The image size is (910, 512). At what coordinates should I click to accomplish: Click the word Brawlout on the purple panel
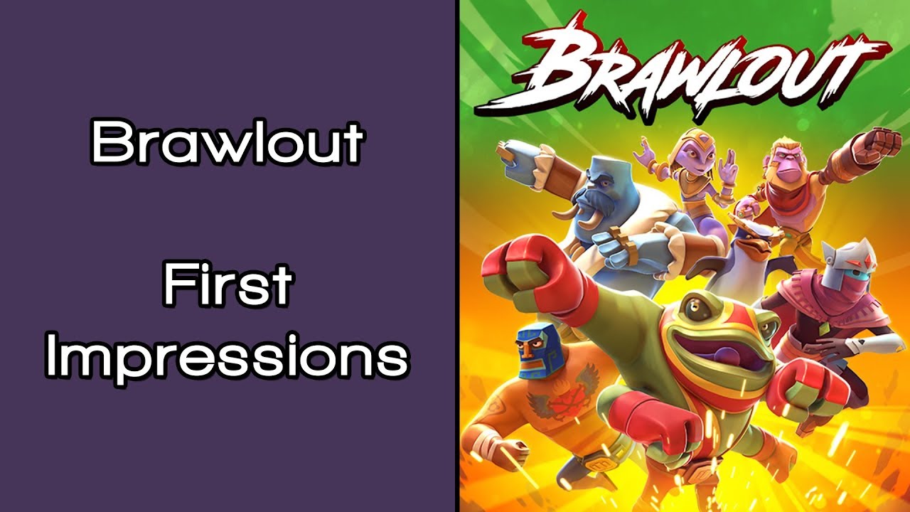227,142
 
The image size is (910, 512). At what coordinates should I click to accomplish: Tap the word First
227,284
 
